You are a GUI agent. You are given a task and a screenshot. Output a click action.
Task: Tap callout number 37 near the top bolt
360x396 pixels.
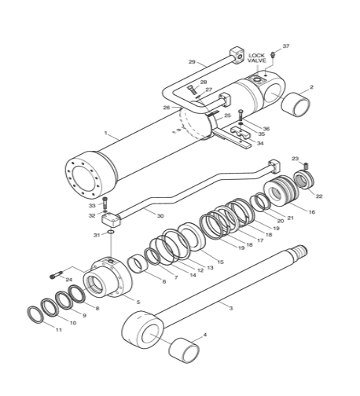[286, 46]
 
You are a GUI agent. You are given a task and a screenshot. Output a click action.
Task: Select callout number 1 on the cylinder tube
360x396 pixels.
[105, 134]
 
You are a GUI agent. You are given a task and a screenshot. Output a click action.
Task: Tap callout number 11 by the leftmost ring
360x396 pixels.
[57, 329]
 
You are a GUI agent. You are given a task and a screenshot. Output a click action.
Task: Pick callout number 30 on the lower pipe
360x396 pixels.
[160, 215]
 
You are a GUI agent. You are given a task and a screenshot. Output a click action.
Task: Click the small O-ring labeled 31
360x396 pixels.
[112, 233]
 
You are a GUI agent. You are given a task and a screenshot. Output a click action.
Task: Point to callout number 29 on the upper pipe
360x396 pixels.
[191, 62]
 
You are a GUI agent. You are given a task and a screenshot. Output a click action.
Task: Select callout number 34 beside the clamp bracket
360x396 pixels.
[260, 144]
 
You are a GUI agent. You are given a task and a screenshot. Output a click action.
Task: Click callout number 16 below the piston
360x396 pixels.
[311, 212]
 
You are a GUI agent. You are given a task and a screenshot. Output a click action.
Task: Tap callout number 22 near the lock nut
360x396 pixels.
[318, 196]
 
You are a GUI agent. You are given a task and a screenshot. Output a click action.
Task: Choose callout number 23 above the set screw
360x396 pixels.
[296, 159]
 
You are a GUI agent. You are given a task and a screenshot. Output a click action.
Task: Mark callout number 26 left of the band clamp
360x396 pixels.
[166, 107]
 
